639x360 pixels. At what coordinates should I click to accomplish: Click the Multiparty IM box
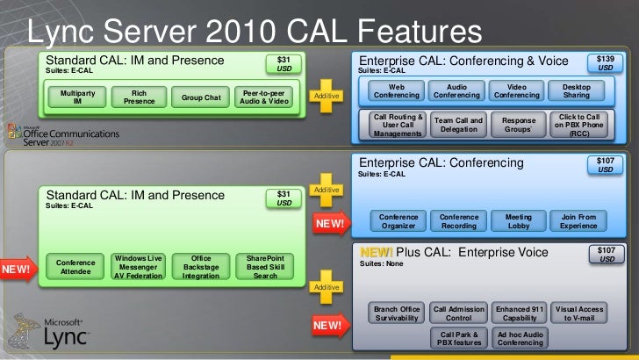78,97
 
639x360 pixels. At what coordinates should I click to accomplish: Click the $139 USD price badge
605,61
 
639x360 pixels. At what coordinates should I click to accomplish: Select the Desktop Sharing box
577,90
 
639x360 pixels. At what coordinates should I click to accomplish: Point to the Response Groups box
518,124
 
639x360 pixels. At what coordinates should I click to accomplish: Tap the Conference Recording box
459,220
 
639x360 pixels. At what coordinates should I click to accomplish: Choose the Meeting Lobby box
518,220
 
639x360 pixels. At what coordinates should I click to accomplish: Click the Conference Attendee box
75,267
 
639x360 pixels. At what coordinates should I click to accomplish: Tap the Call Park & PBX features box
459,339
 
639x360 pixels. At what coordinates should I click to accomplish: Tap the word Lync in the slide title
62,32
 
